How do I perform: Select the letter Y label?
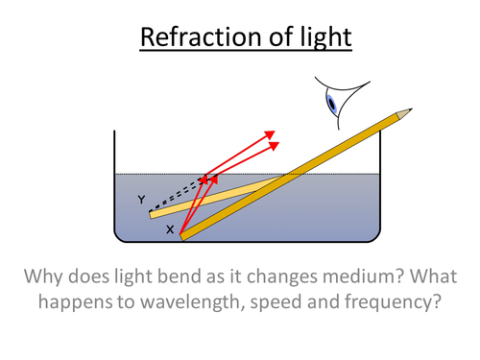coord(141,200)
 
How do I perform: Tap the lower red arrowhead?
coord(279,144)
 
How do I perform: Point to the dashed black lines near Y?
coord(178,194)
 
